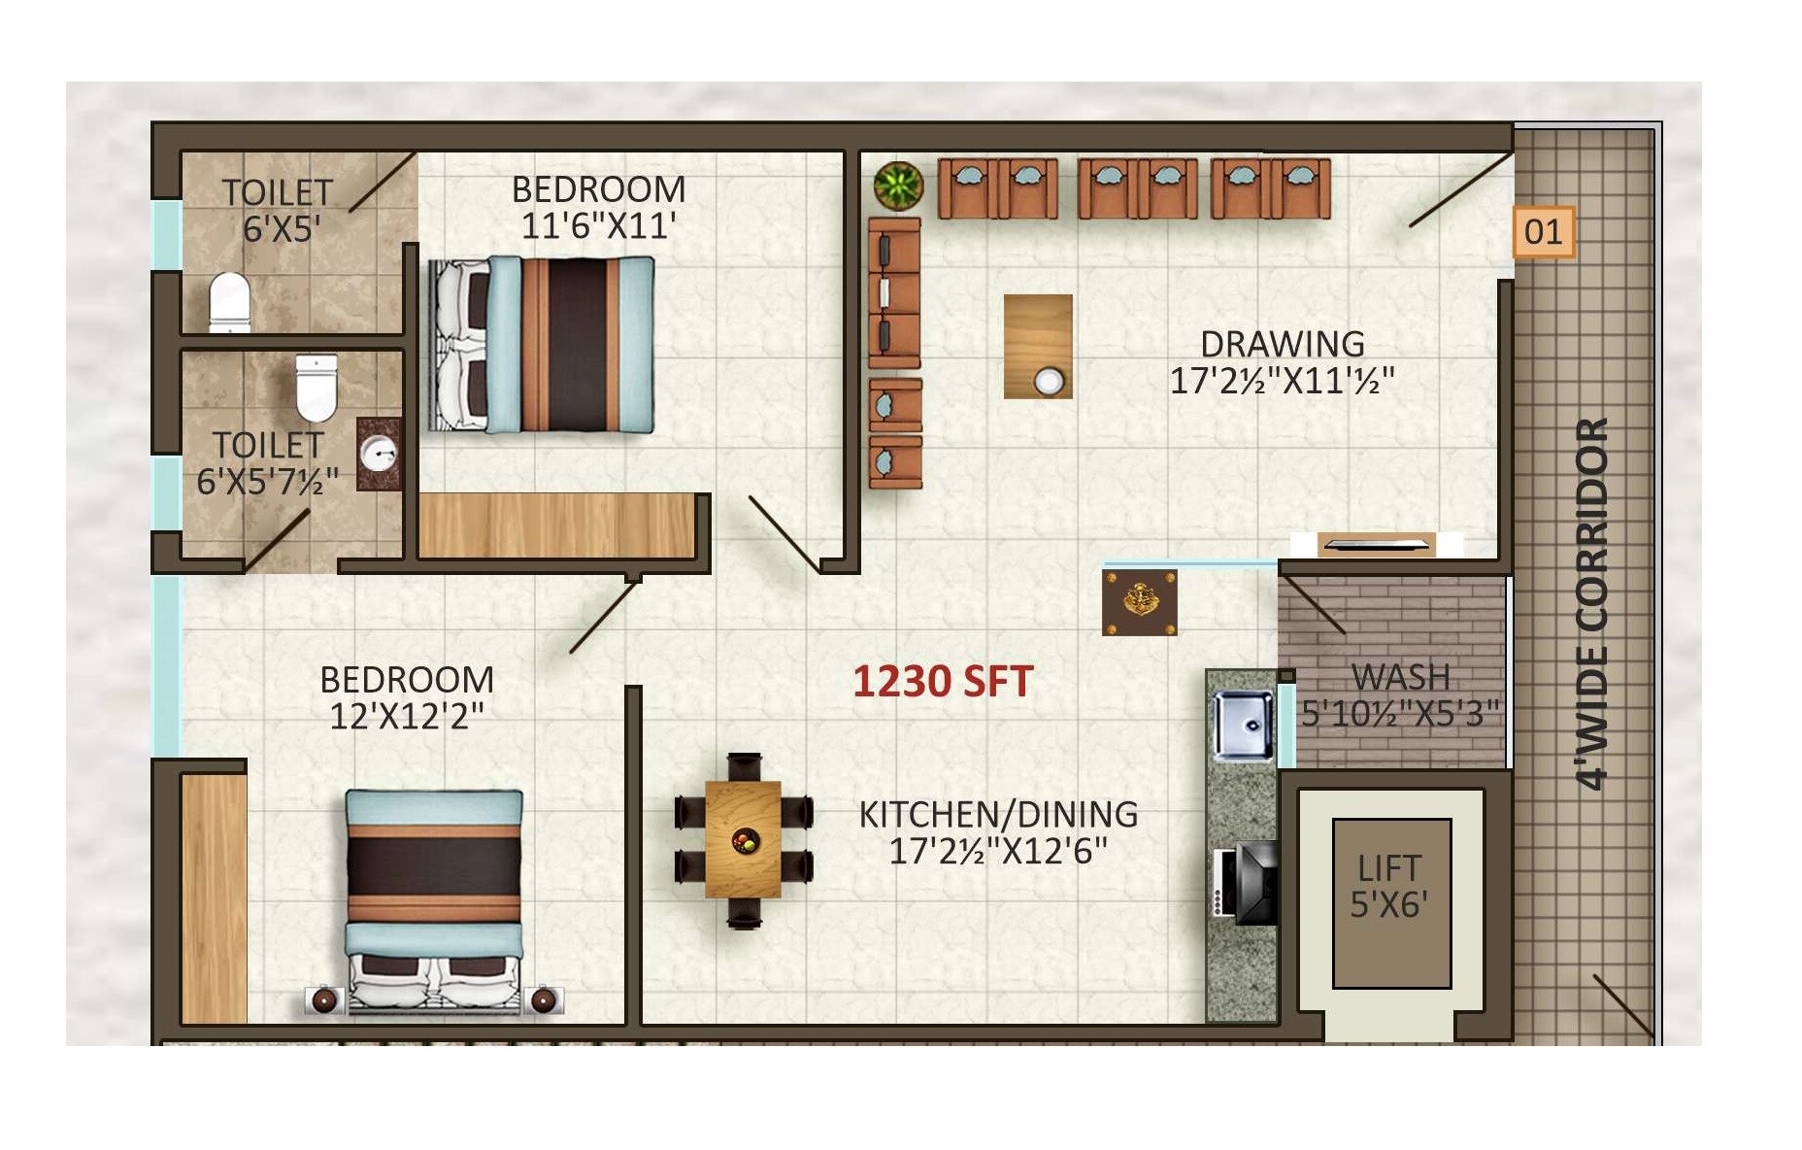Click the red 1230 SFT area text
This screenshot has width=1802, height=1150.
(x=942, y=681)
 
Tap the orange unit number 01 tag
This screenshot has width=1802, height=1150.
(x=1543, y=232)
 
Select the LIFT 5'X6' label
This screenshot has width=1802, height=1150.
(x=1389, y=886)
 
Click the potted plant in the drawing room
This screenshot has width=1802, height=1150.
(x=898, y=186)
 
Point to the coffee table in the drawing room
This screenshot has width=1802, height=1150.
(x=1038, y=347)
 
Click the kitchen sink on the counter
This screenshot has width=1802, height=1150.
(x=1243, y=725)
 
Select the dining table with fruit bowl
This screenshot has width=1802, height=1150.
(x=743, y=840)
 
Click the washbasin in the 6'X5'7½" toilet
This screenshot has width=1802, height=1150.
(x=379, y=454)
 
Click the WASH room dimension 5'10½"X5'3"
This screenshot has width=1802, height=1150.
(x=1399, y=714)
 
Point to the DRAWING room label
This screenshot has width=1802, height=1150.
(x=1282, y=345)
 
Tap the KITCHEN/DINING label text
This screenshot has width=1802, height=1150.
(x=998, y=814)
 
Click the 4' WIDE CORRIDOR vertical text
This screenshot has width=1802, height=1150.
(x=1591, y=603)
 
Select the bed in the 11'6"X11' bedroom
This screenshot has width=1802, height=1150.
(x=542, y=345)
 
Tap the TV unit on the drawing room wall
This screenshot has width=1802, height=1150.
(x=1376, y=545)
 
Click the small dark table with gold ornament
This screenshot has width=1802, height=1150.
(x=1139, y=602)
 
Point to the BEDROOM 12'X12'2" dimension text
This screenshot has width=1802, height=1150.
(x=406, y=717)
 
